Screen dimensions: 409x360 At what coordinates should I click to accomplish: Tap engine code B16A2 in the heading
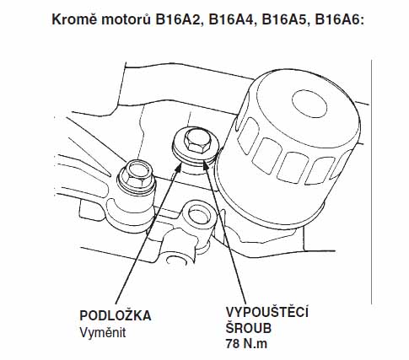tap(180, 20)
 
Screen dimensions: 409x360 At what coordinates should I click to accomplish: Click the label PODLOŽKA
tap(116, 315)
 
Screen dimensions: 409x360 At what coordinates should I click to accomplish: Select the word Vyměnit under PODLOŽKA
tap(103, 333)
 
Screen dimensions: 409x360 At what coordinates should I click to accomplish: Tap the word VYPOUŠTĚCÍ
tap(267, 312)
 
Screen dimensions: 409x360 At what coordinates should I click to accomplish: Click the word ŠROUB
tap(249, 328)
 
